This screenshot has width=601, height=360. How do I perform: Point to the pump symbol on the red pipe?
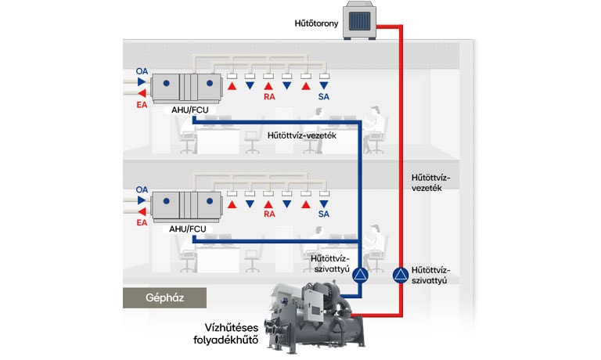click(399, 275)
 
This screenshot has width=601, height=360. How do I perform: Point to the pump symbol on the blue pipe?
click(360, 275)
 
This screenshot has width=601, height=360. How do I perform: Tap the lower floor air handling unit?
click(187, 205)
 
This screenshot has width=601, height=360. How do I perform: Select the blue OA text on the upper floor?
click(142, 72)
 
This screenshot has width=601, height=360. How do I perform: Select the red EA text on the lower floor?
click(142, 222)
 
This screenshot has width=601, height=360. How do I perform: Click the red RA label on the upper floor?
click(268, 97)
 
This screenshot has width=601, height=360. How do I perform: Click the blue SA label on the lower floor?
click(324, 214)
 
